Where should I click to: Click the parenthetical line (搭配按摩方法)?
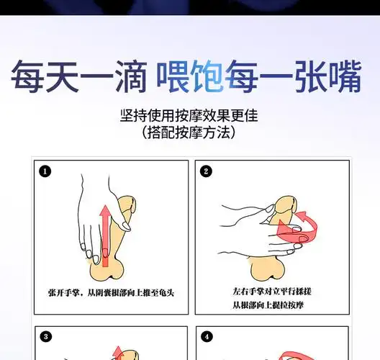point(189,134)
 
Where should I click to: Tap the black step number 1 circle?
point(46,171)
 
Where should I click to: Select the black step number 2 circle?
point(207,171)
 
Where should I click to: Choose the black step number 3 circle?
point(46,336)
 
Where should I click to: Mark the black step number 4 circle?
point(207,336)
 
